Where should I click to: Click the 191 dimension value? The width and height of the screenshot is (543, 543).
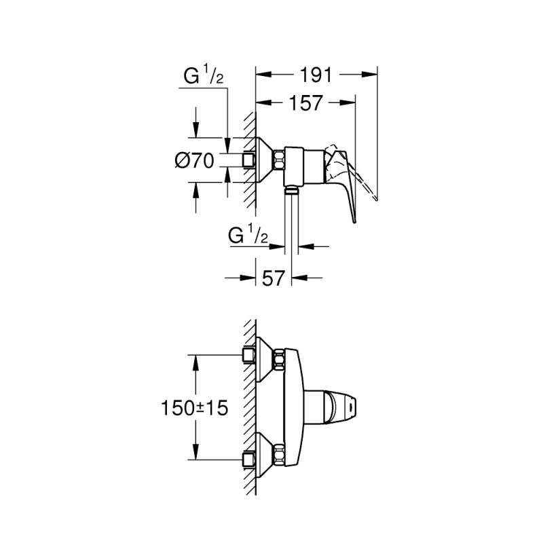[x=315, y=76]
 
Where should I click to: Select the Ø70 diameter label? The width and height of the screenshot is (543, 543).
[x=194, y=161]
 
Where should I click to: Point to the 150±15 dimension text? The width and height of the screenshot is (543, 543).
[x=194, y=409]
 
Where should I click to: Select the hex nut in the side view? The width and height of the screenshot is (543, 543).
[x=279, y=162]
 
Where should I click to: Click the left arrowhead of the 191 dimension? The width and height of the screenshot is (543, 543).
[x=261, y=76]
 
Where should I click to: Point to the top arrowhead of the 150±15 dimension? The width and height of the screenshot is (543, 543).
[x=196, y=359]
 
